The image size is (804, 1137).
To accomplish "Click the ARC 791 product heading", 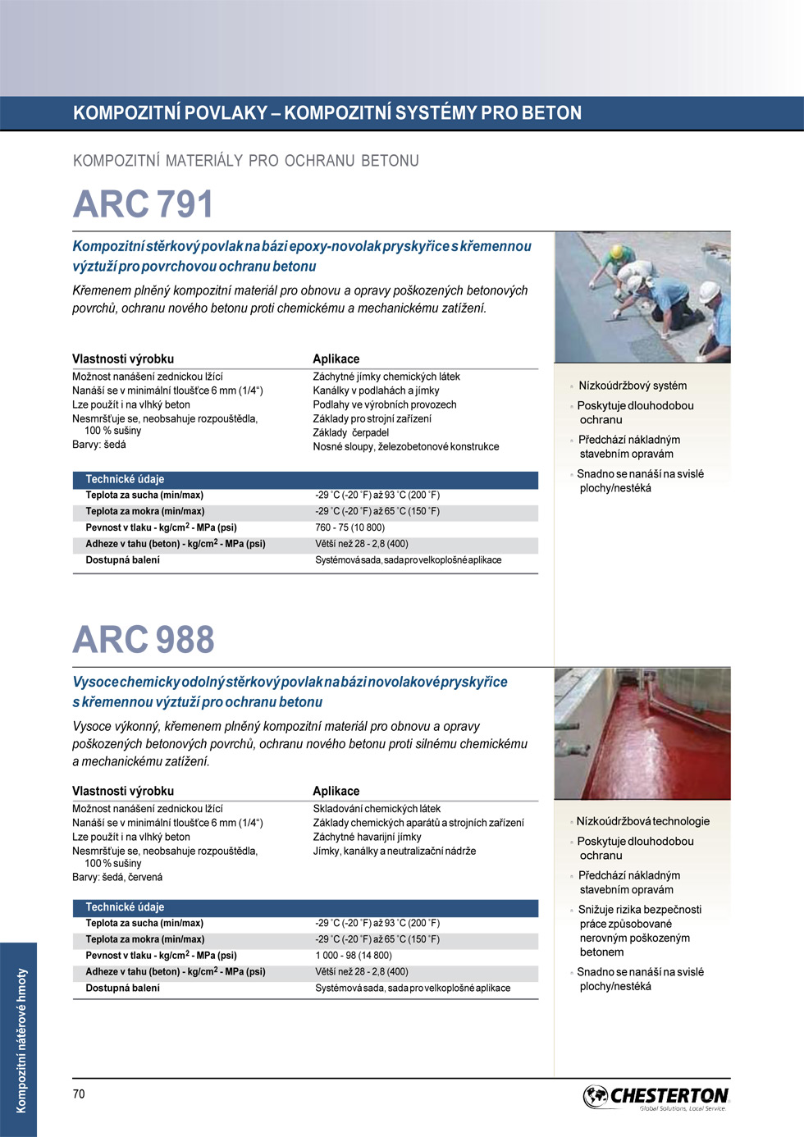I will [x=143, y=204].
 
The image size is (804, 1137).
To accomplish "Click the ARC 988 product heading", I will [x=144, y=640].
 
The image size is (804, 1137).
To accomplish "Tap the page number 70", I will [x=79, y=1094].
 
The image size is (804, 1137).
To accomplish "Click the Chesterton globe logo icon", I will [x=596, y=1096].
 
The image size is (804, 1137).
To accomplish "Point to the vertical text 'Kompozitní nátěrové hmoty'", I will [x=21, y=1040].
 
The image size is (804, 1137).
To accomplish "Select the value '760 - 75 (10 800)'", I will [x=349, y=527].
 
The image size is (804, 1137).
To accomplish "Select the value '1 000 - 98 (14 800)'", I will [x=354, y=956].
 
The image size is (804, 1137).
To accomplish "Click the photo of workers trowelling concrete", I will [x=642, y=297].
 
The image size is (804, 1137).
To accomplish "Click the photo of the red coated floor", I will [x=642, y=733].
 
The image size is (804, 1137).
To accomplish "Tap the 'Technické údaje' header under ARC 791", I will [x=125, y=479].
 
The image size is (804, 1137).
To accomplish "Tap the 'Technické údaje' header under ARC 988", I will [x=125, y=907].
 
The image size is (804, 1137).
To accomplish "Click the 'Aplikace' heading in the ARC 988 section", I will [x=336, y=791].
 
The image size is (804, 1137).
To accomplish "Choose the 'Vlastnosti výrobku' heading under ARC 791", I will [x=123, y=358].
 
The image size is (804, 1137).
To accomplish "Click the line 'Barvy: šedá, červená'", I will [x=117, y=877].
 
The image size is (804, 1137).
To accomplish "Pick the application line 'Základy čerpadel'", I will [x=350, y=432].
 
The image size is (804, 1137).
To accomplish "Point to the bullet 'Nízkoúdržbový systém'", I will [x=633, y=386].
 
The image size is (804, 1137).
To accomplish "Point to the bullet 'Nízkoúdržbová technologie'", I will [x=643, y=821].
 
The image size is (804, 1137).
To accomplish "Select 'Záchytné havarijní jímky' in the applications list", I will [x=367, y=837].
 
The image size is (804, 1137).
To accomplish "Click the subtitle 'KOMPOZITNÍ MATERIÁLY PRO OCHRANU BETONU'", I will [x=246, y=161].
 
